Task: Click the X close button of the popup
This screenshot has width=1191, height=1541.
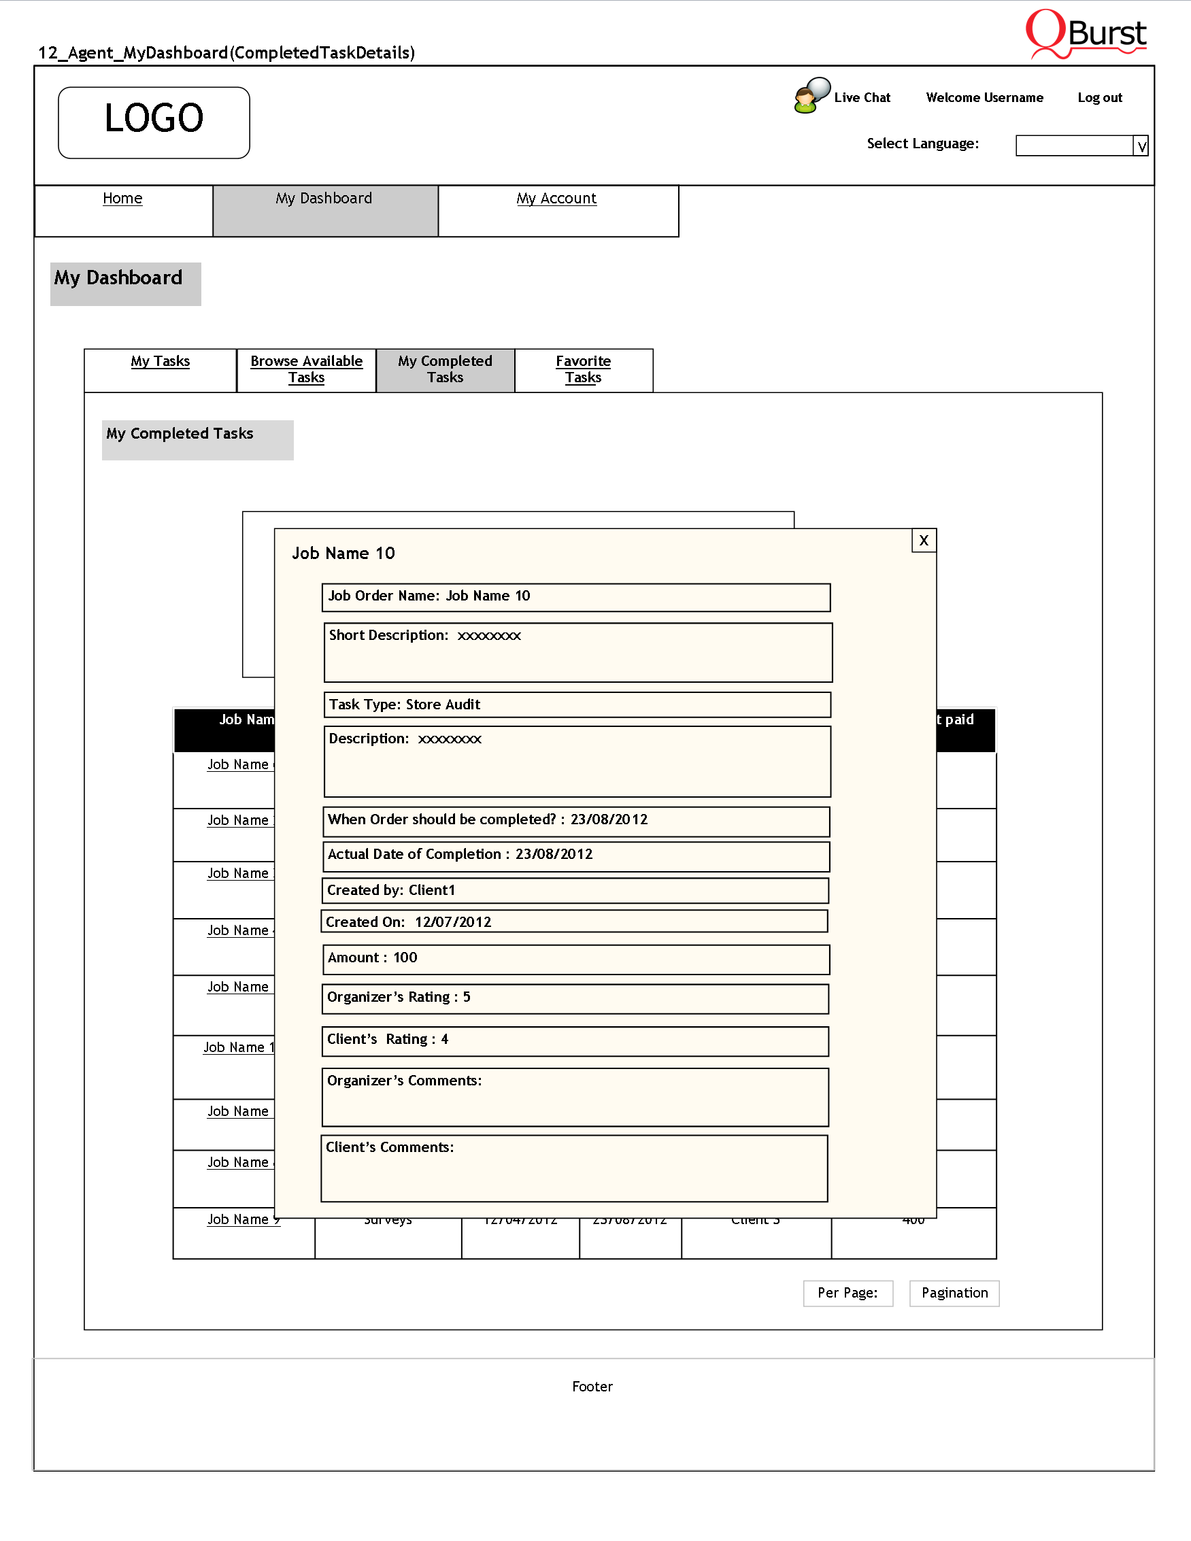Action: [x=924, y=541]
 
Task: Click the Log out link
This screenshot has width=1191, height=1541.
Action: [x=1099, y=97]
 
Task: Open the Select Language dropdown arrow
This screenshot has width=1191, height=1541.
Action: [x=1141, y=146]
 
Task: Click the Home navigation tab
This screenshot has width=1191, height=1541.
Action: [x=122, y=199]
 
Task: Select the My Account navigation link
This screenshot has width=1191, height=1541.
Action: [x=556, y=199]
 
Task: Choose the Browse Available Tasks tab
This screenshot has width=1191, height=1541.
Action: [x=306, y=369]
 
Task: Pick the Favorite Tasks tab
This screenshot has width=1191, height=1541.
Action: [x=583, y=369]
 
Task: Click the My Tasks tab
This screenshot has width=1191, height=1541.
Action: [x=160, y=361]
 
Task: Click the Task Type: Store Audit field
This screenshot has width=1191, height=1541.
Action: [x=576, y=704]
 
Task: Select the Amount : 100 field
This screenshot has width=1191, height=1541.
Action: [x=575, y=958]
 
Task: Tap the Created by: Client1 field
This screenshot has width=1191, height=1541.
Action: [x=574, y=890]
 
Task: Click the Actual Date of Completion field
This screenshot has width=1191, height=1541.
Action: [x=575, y=856]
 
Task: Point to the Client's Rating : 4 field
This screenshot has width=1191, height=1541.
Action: [x=574, y=1040]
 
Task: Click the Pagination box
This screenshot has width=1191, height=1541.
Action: [x=954, y=1293]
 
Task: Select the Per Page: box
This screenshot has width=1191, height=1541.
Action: [x=848, y=1293]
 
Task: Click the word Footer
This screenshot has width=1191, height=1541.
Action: [x=592, y=1387]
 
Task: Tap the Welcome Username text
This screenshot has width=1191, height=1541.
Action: [x=984, y=97]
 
